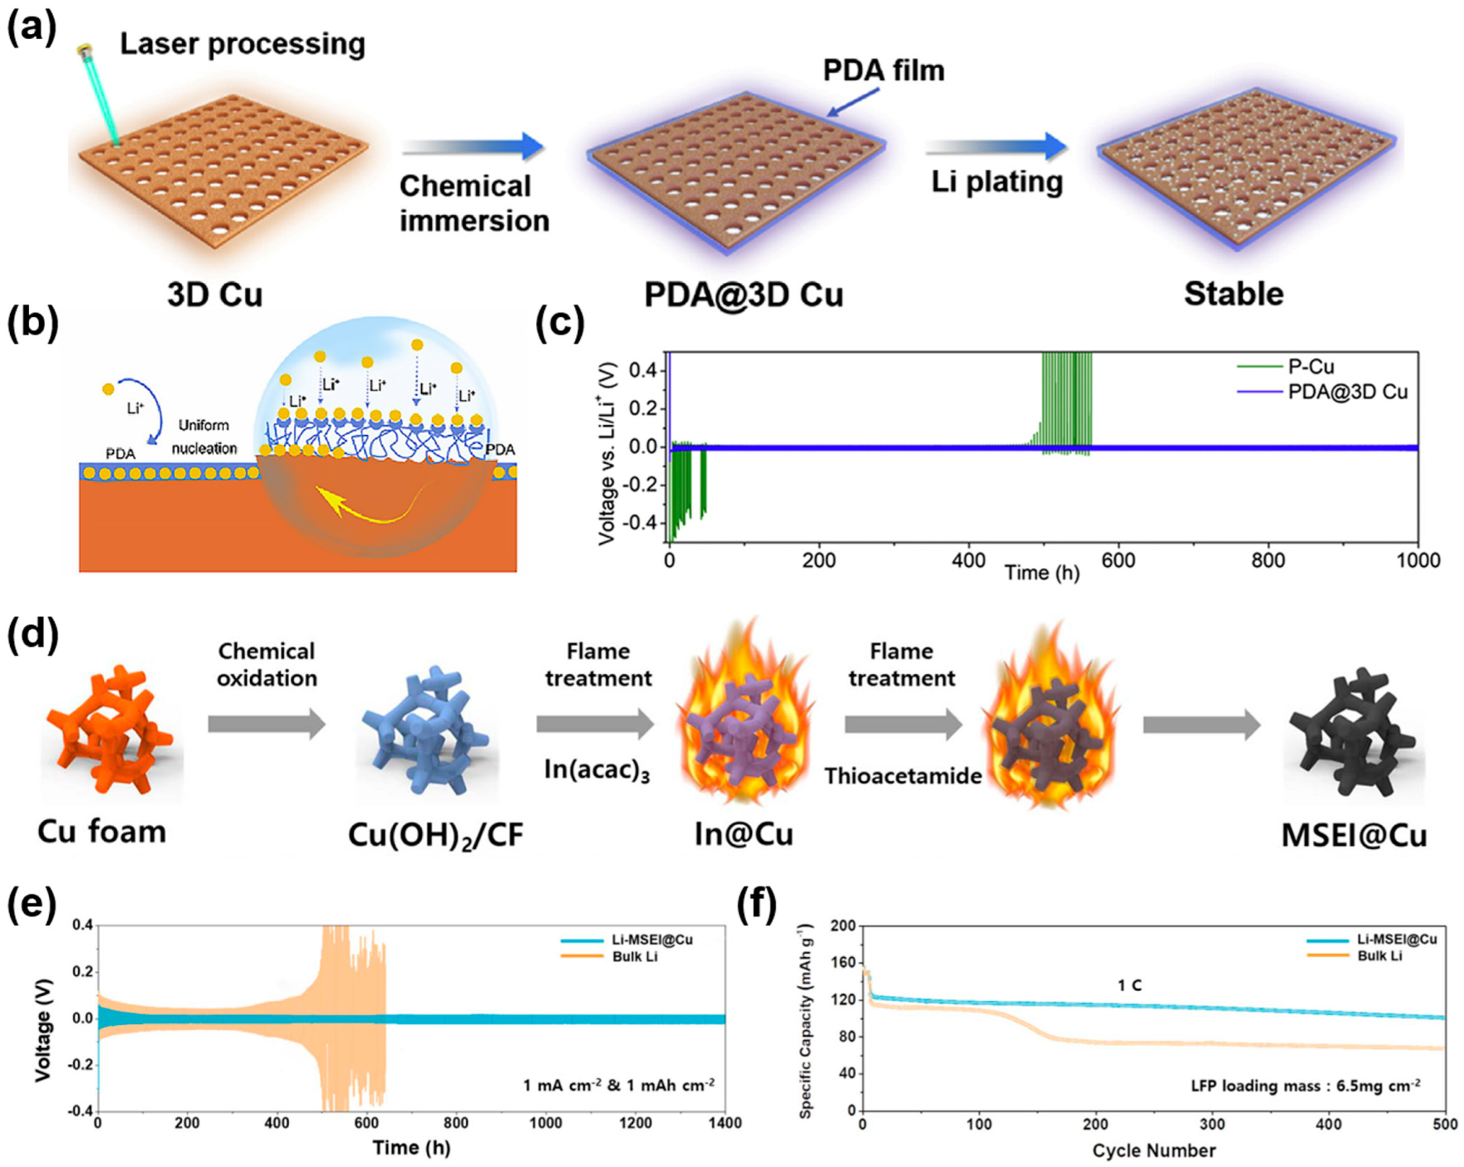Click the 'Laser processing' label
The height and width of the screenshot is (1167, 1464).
(x=242, y=44)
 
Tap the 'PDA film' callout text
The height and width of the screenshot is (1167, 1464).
(x=883, y=70)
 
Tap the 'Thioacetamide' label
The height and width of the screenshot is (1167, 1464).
(x=903, y=776)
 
